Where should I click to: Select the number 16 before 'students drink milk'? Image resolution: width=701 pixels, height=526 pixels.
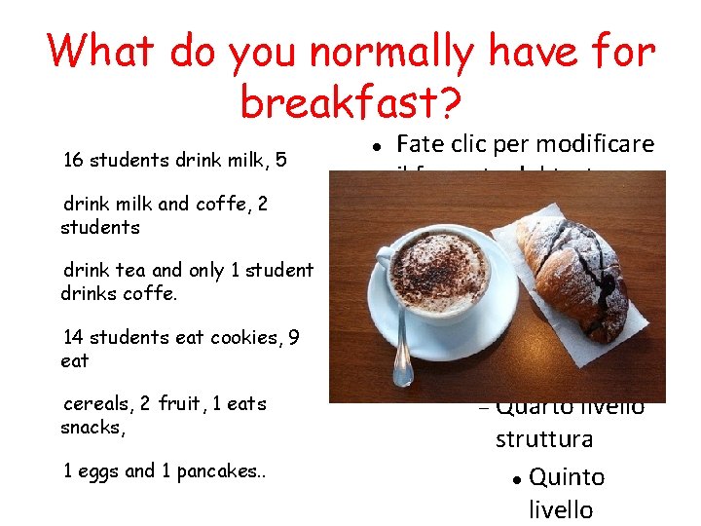coord(73,160)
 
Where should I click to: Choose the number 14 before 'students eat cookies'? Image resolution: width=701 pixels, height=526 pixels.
coord(73,338)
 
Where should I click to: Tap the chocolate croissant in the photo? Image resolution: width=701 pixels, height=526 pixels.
coord(573,274)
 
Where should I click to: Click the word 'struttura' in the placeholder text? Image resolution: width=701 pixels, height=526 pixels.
coord(543,439)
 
